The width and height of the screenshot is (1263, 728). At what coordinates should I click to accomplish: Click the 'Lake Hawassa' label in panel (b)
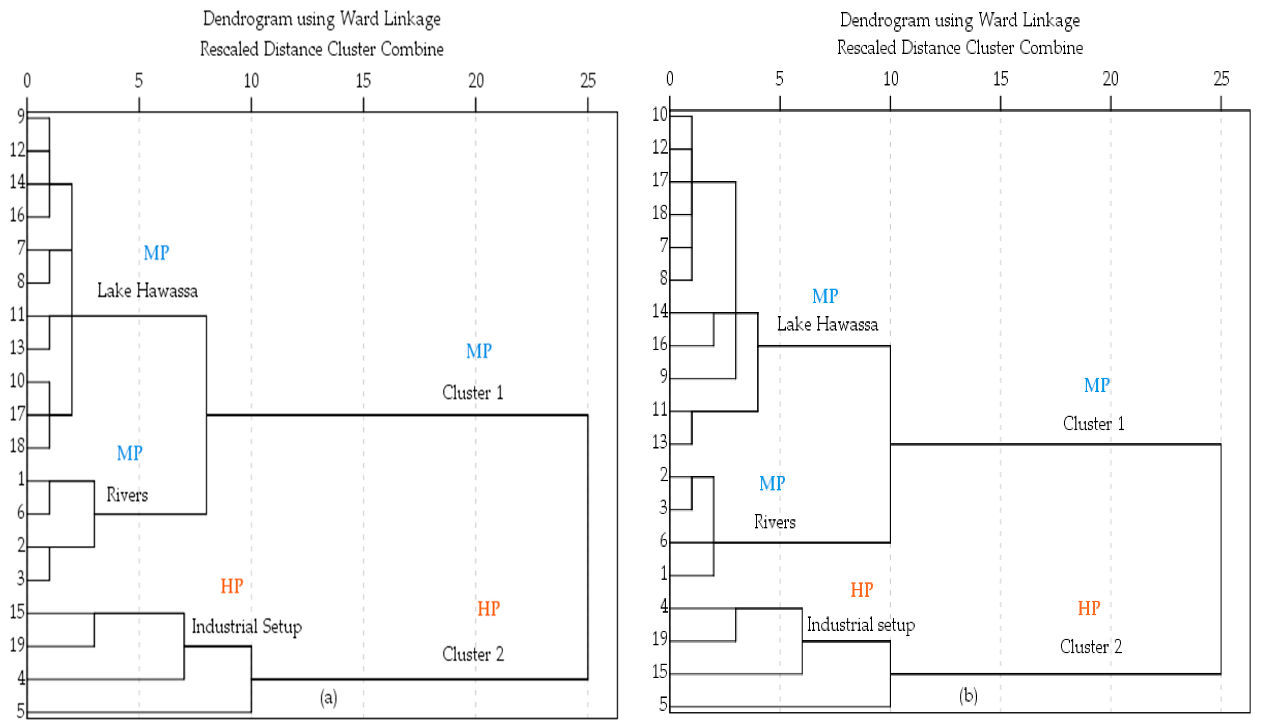point(827,324)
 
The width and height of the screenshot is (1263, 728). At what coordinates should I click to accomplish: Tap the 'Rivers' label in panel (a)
point(127,495)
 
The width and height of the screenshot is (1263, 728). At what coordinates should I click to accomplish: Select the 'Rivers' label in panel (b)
point(774,522)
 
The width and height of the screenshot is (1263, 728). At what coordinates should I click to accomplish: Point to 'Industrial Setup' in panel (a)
point(246,626)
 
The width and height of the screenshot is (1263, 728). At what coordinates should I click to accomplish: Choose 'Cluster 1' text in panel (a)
point(473,392)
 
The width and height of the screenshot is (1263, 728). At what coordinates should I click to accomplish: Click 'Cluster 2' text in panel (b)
point(1090,647)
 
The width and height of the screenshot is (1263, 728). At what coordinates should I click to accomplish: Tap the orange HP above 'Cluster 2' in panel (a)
point(488,608)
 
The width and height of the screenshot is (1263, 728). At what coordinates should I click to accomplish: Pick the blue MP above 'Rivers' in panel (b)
point(772,483)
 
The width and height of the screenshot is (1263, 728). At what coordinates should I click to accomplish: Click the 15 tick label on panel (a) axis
point(363,81)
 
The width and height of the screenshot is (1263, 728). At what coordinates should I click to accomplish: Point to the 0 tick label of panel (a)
point(27,81)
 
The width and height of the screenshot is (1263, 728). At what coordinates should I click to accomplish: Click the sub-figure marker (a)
point(329,697)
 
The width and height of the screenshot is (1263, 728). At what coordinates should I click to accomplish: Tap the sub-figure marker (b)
point(968,696)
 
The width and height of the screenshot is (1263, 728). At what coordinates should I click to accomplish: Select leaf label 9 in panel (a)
point(21,116)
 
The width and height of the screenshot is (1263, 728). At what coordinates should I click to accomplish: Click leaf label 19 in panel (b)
point(660,639)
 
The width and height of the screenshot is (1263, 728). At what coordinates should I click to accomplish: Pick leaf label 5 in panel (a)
point(21,710)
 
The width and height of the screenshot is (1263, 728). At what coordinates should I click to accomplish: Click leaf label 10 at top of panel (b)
point(660,115)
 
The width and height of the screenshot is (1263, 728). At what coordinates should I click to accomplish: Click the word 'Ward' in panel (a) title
point(359,19)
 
